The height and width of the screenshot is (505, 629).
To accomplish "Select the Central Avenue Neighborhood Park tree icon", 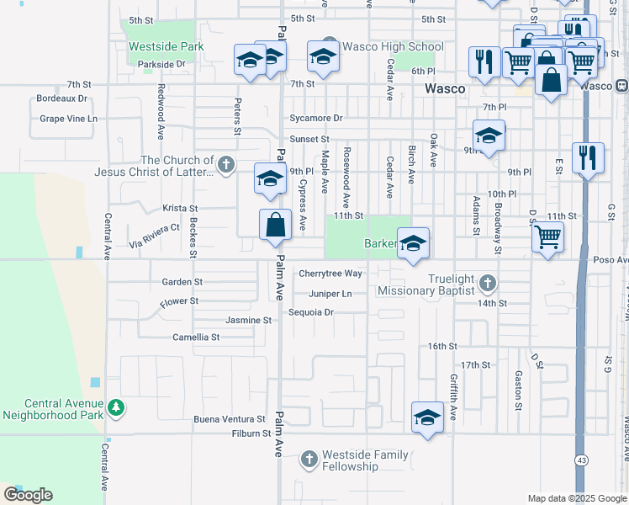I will coord(115,408).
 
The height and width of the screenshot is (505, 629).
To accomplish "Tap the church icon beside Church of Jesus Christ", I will coord(225,165).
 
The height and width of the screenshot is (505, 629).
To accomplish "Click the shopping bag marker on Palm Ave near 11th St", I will coord(276,226).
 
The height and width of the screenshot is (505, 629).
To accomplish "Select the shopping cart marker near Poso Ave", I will coord(547,238).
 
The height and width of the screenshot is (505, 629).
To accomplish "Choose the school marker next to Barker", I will coord(412,244).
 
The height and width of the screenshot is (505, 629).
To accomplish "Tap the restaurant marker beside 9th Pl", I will coord(588,157).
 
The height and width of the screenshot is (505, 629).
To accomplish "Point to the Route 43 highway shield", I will coord(581,460).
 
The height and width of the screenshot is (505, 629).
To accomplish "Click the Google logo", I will coord(28,495).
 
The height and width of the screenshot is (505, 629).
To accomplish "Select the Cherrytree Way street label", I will coord(330,274).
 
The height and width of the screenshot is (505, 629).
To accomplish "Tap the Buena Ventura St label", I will coord(229,419).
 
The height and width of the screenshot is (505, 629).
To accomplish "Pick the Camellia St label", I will coord(196,337).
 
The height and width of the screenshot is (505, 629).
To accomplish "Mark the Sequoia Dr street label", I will coord(311,312).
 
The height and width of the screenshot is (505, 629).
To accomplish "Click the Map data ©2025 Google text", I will coord(576,498).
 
